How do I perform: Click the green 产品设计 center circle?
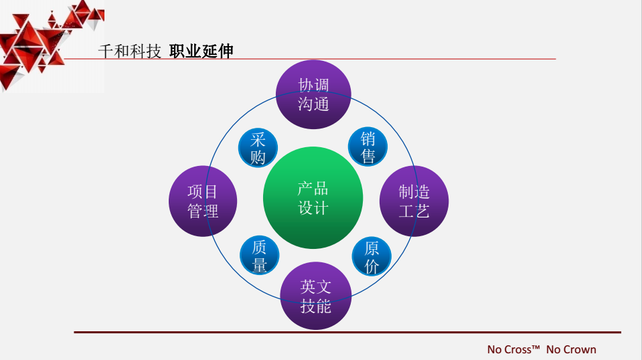313,197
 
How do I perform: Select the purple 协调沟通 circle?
313,94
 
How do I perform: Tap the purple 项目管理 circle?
203,201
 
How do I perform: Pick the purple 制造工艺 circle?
414,201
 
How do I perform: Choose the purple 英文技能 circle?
316,296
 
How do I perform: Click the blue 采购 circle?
258,148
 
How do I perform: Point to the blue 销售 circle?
368,147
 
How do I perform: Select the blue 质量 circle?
260,255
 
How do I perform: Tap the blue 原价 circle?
372,256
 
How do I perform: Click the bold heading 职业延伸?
201,51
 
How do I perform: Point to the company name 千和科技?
130,51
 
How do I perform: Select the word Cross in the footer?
517,349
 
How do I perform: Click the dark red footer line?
347,332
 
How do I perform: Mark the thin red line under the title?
310,59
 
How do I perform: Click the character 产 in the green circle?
305,189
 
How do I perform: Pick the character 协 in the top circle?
305,85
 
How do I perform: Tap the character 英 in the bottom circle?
308,286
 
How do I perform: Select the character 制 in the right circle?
406,191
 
